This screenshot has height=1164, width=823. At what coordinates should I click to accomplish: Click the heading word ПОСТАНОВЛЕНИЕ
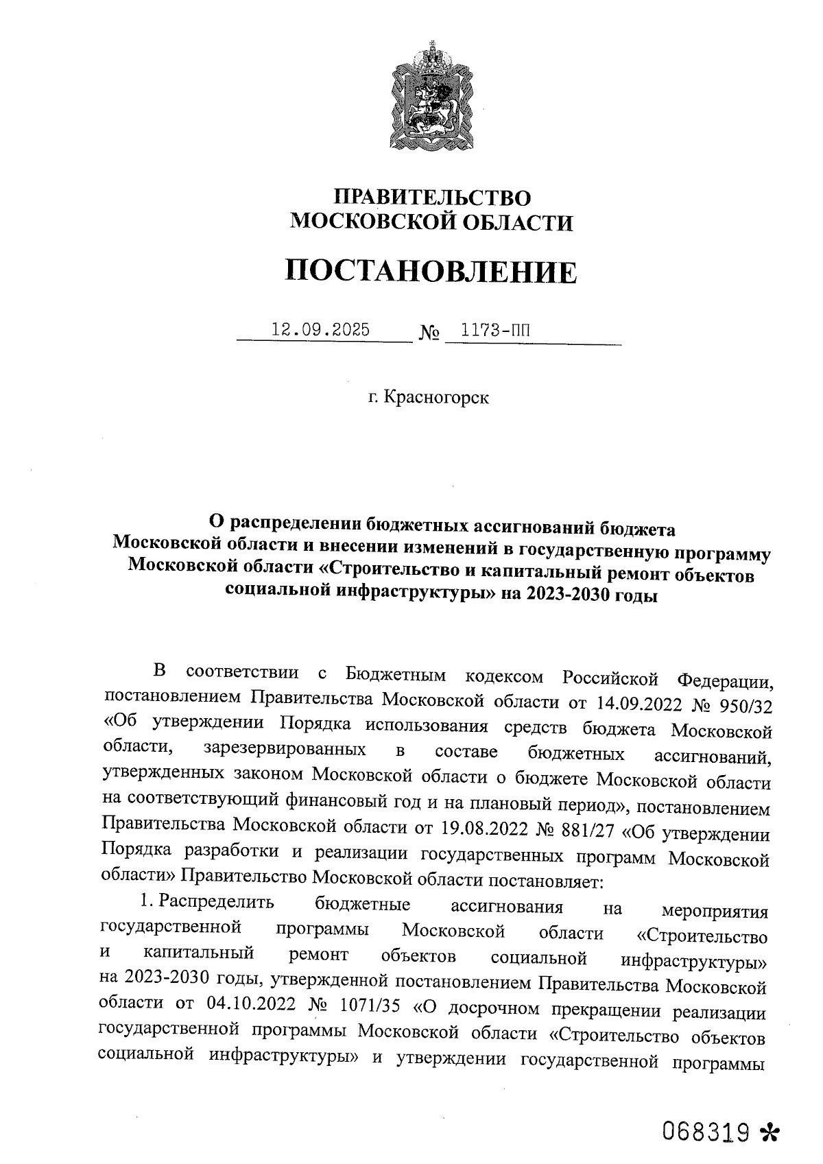(431, 272)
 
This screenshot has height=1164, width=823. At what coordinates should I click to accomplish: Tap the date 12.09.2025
(320, 330)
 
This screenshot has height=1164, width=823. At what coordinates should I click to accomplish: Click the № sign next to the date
(428, 334)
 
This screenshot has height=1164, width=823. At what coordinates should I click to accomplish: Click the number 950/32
(743, 704)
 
